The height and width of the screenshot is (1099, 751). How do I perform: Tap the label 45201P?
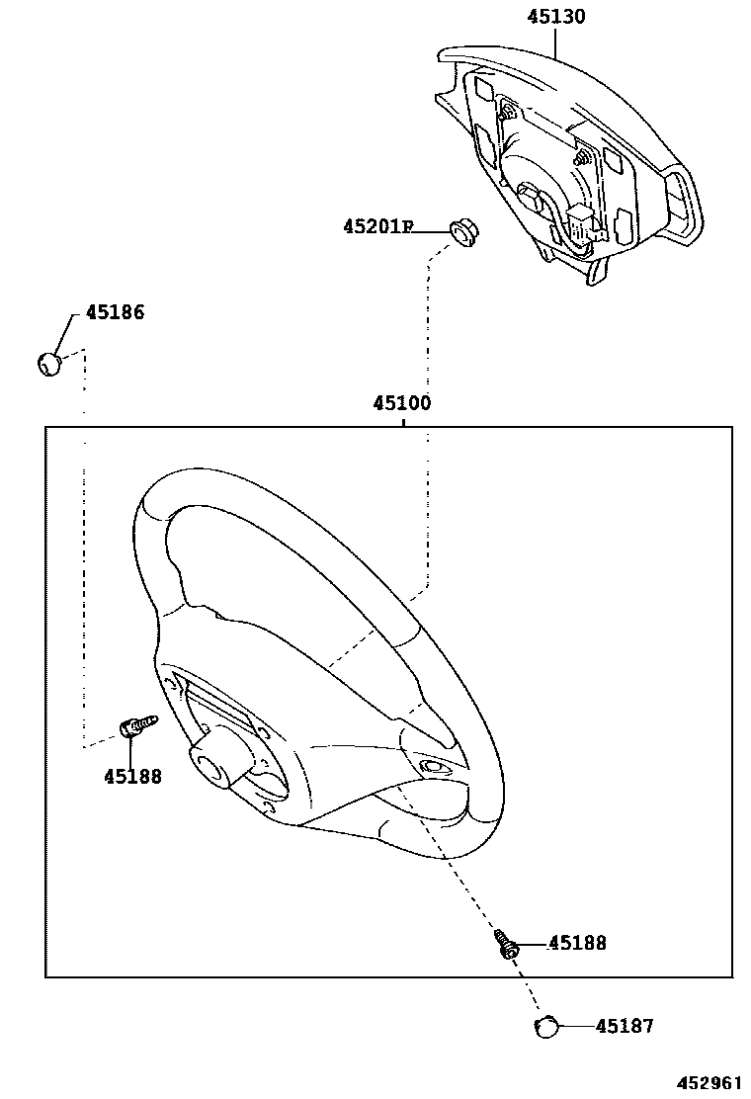pyautogui.click(x=376, y=227)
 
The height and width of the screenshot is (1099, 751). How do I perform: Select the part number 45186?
pyautogui.click(x=115, y=312)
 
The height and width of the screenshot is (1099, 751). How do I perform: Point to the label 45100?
pyautogui.click(x=402, y=403)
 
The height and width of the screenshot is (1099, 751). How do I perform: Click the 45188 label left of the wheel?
pyautogui.click(x=132, y=776)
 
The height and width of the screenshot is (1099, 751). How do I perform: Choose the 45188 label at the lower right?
pyautogui.click(x=577, y=943)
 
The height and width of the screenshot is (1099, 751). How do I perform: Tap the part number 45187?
pyautogui.click(x=624, y=1026)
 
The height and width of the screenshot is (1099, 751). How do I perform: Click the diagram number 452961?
pyautogui.click(x=709, y=1082)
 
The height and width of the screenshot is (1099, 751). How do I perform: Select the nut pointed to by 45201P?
pyautogui.click(x=462, y=233)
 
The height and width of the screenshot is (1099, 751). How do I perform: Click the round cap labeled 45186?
pyautogui.click(x=49, y=364)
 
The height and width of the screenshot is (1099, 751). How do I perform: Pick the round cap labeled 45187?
pyautogui.click(x=545, y=1027)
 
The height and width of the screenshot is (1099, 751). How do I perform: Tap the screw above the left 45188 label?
pyautogui.click(x=137, y=725)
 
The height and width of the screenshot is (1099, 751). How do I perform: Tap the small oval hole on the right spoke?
pyautogui.click(x=431, y=767)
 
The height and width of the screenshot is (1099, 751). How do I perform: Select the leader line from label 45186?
pyautogui.click(x=65, y=331)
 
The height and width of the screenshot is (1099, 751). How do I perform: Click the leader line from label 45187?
pyautogui.click(x=576, y=1026)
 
